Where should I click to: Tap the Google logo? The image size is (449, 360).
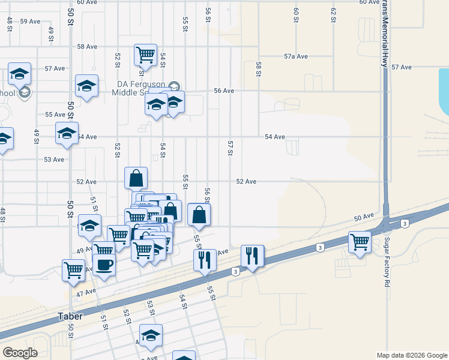[x=20, y=353]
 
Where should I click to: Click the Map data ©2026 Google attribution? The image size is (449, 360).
[x=411, y=355]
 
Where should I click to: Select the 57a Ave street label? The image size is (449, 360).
[x=296, y=56]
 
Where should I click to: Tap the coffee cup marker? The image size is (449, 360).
[x=104, y=265]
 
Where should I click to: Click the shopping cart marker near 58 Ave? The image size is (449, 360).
[x=145, y=55]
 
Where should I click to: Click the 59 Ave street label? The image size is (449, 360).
[x=30, y=21]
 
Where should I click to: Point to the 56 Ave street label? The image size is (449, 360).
[x=223, y=91]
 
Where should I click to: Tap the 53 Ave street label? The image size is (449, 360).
[x=54, y=160]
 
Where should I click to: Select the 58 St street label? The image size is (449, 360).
[x=259, y=69]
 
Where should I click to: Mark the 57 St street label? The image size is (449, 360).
[x=230, y=148]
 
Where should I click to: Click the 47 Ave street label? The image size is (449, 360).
[x=86, y=292]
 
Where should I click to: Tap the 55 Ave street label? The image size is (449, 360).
[x=55, y=114]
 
